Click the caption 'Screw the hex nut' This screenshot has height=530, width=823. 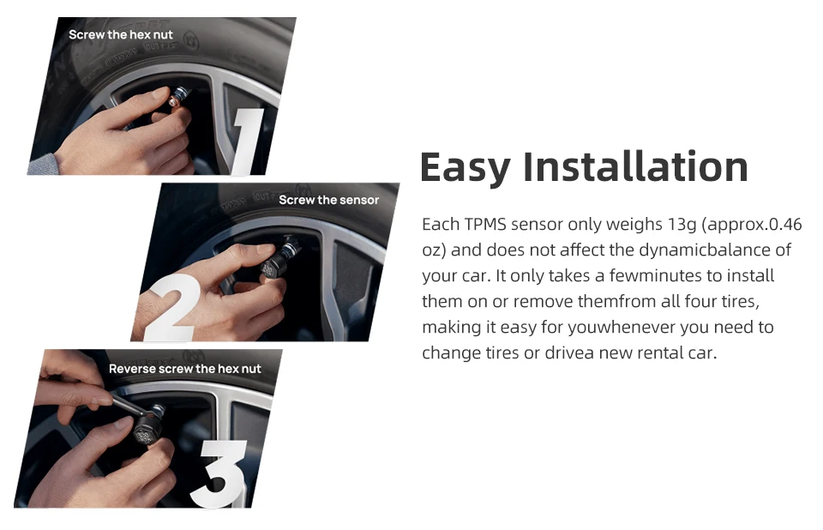[121, 34]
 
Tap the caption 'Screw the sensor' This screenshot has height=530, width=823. [328, 200]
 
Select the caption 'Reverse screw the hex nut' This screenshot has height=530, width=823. [185, 369]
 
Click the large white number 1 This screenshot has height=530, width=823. [247, 142]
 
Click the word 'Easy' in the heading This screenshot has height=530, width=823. [465, 167]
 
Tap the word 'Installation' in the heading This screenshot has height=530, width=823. [635, 166]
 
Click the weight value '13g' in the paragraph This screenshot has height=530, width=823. [682, 225]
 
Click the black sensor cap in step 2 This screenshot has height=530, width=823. [273, 265]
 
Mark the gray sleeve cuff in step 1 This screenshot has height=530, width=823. [43, 165]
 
